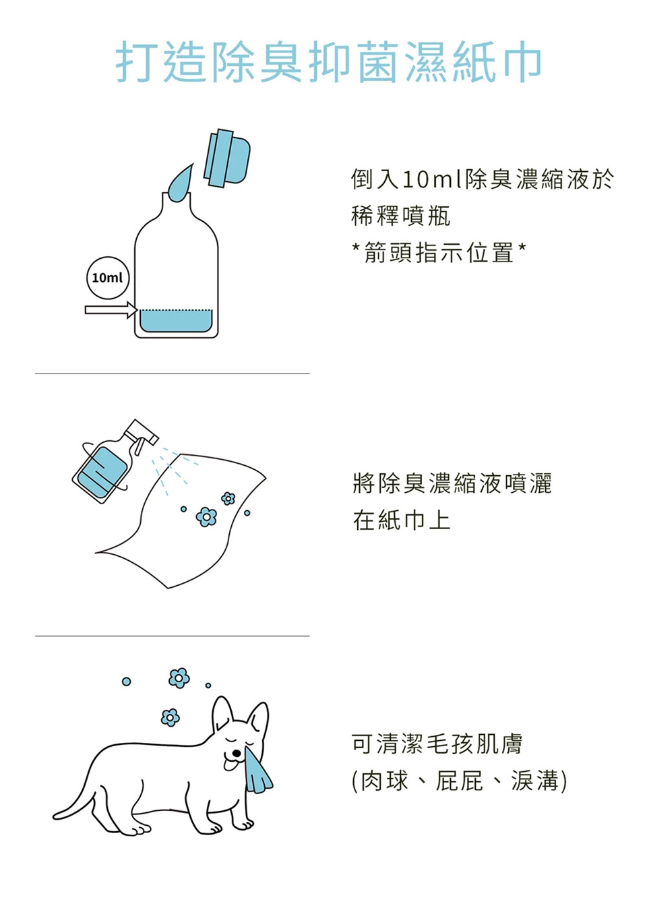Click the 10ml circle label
[108, 278]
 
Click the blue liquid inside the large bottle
[176, 321]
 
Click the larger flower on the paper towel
[206, 517]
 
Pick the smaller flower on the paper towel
[228, 498]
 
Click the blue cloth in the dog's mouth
[257, 770]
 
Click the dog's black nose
[235, 754]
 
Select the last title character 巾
[519, 62]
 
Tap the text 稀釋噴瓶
[400, 216]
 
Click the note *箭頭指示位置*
[439, 252]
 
